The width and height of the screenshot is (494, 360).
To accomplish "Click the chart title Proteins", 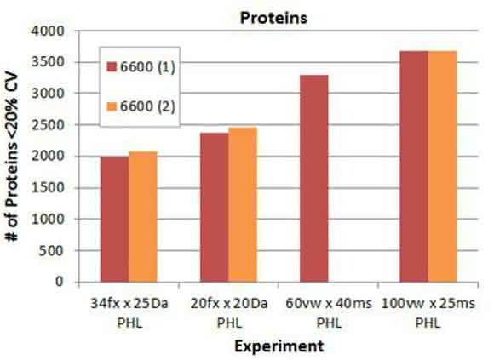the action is (x=273, y=18).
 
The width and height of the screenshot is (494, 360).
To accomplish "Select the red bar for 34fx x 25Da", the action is (x=115, y=219).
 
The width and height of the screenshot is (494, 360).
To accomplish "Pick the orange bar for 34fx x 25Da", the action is (x=143, y=216).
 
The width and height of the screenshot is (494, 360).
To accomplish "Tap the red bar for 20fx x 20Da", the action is (x=215, y=208).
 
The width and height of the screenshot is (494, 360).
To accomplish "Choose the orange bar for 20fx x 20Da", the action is (x=243, y=204).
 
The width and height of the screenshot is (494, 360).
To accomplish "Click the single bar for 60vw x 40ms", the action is (x=314, y=179).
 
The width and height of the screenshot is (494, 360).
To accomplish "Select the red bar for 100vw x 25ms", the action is (x=414, y=167).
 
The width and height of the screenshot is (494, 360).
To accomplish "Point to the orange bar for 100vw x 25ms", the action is (x=442, y=167).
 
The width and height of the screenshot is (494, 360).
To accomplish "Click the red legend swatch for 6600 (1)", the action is (x=112, y=67).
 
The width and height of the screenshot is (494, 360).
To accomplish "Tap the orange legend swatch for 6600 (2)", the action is (x=112, y=106).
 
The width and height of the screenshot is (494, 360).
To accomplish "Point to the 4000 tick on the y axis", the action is (x=48, y=31).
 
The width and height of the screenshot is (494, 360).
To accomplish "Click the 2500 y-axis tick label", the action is (x=48, y=125).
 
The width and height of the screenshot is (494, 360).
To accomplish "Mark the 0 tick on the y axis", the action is (x=60, y=282).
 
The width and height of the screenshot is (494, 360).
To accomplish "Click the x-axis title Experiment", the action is (x=279, y=346).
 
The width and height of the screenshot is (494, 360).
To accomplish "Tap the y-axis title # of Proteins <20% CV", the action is (x=12, y=157).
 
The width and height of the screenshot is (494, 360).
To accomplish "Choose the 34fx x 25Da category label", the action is (x=129, y=303).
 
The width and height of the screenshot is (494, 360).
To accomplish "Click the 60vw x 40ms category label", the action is (x=329, y=303).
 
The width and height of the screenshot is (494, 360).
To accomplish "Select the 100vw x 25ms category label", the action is (x=428, y=303).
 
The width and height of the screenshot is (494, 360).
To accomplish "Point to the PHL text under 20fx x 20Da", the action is (x=229, y=323).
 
